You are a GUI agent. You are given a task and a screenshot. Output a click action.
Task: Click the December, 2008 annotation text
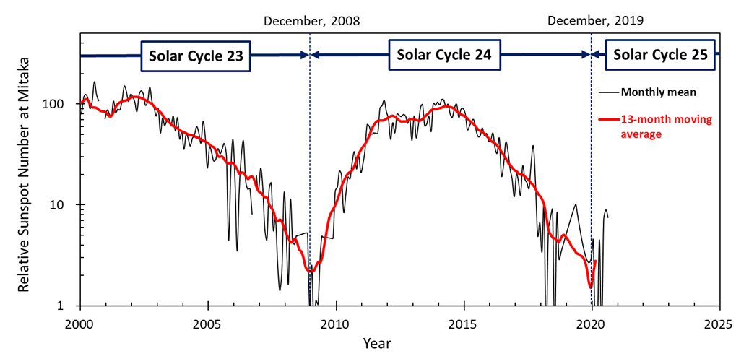coord(311,21)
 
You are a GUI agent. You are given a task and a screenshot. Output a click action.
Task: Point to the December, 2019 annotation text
coord(595,21)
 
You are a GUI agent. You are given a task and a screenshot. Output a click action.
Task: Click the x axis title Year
coord(377,343)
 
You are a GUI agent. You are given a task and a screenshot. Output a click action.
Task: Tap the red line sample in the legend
coord(608,120)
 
